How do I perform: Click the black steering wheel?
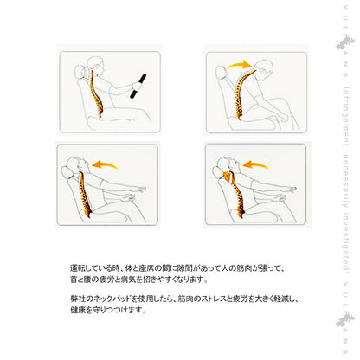click(x=138, y=87)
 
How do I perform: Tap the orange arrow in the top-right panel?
click(x=240, y=64)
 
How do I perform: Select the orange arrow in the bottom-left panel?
click(x=105, y=164)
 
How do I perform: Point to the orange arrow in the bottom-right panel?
click(x=255, y=164)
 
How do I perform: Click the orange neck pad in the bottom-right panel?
click(x=228, y=177)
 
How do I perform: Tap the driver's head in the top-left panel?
click(x=95, y=66)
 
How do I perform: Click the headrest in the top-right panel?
click(x=221, y=72)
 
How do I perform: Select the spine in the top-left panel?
click(x=96, y=93)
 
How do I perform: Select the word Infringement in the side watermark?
click(x=346, y=116)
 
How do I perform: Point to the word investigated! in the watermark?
click(x=346, y=243)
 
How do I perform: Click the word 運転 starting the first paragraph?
click(x=76, y=268)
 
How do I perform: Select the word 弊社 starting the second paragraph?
click(x=76, y=299)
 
